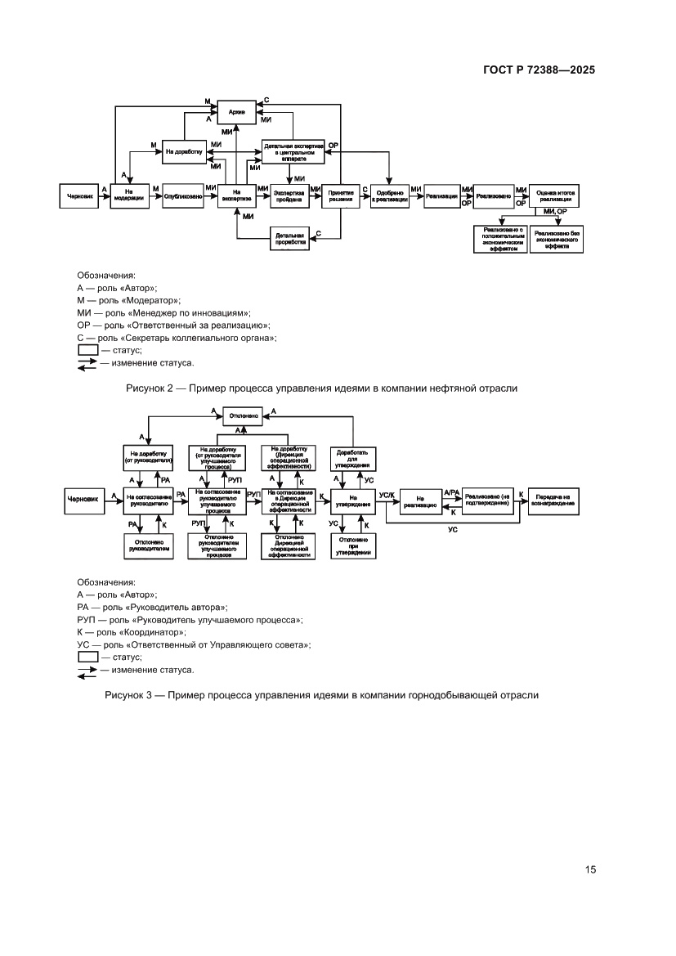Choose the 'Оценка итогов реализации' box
pos(556,196)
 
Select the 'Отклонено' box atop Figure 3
pos(244,415)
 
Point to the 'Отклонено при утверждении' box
pos(353,545)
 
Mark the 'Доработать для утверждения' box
pos(353,459)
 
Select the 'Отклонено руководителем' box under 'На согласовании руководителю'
pos(147,545)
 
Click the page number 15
pos(590,869)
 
